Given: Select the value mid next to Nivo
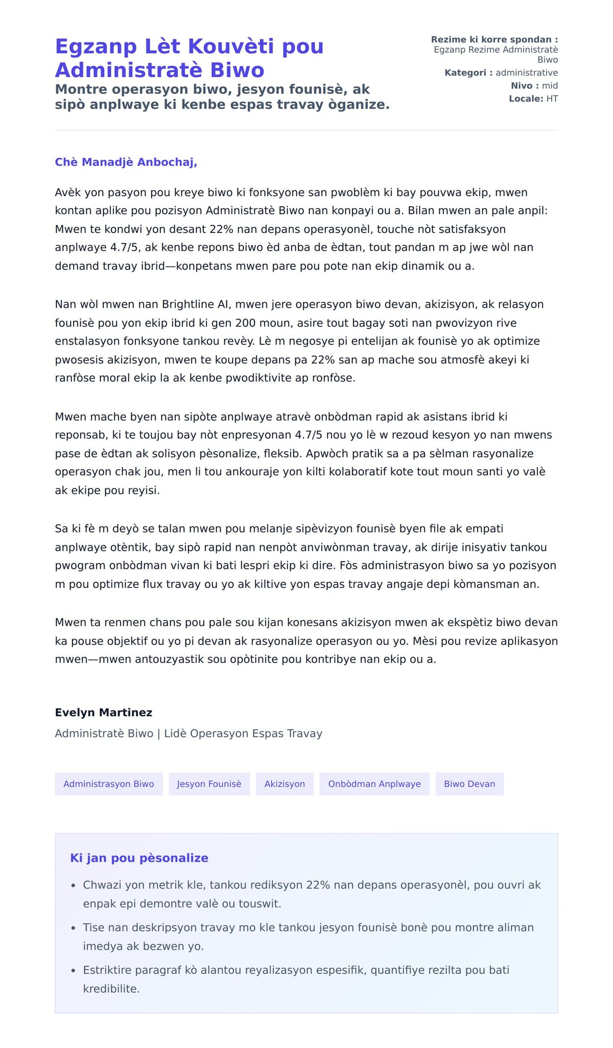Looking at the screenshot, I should click(550, 86).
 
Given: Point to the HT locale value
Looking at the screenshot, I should click(552, 99).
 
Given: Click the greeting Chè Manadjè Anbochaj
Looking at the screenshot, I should click(126, 162).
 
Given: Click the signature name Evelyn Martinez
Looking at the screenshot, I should click(104, 712).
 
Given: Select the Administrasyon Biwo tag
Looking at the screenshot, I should click(109, 784).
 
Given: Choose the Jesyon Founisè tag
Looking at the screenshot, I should click(209, 784).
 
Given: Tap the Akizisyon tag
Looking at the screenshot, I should click(285, 784).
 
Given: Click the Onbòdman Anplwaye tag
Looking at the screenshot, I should click(374, 784).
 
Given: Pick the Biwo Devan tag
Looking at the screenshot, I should click(469, 784).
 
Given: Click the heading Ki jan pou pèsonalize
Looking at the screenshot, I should click(139, 858).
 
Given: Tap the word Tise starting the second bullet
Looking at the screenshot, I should click(93, 927).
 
